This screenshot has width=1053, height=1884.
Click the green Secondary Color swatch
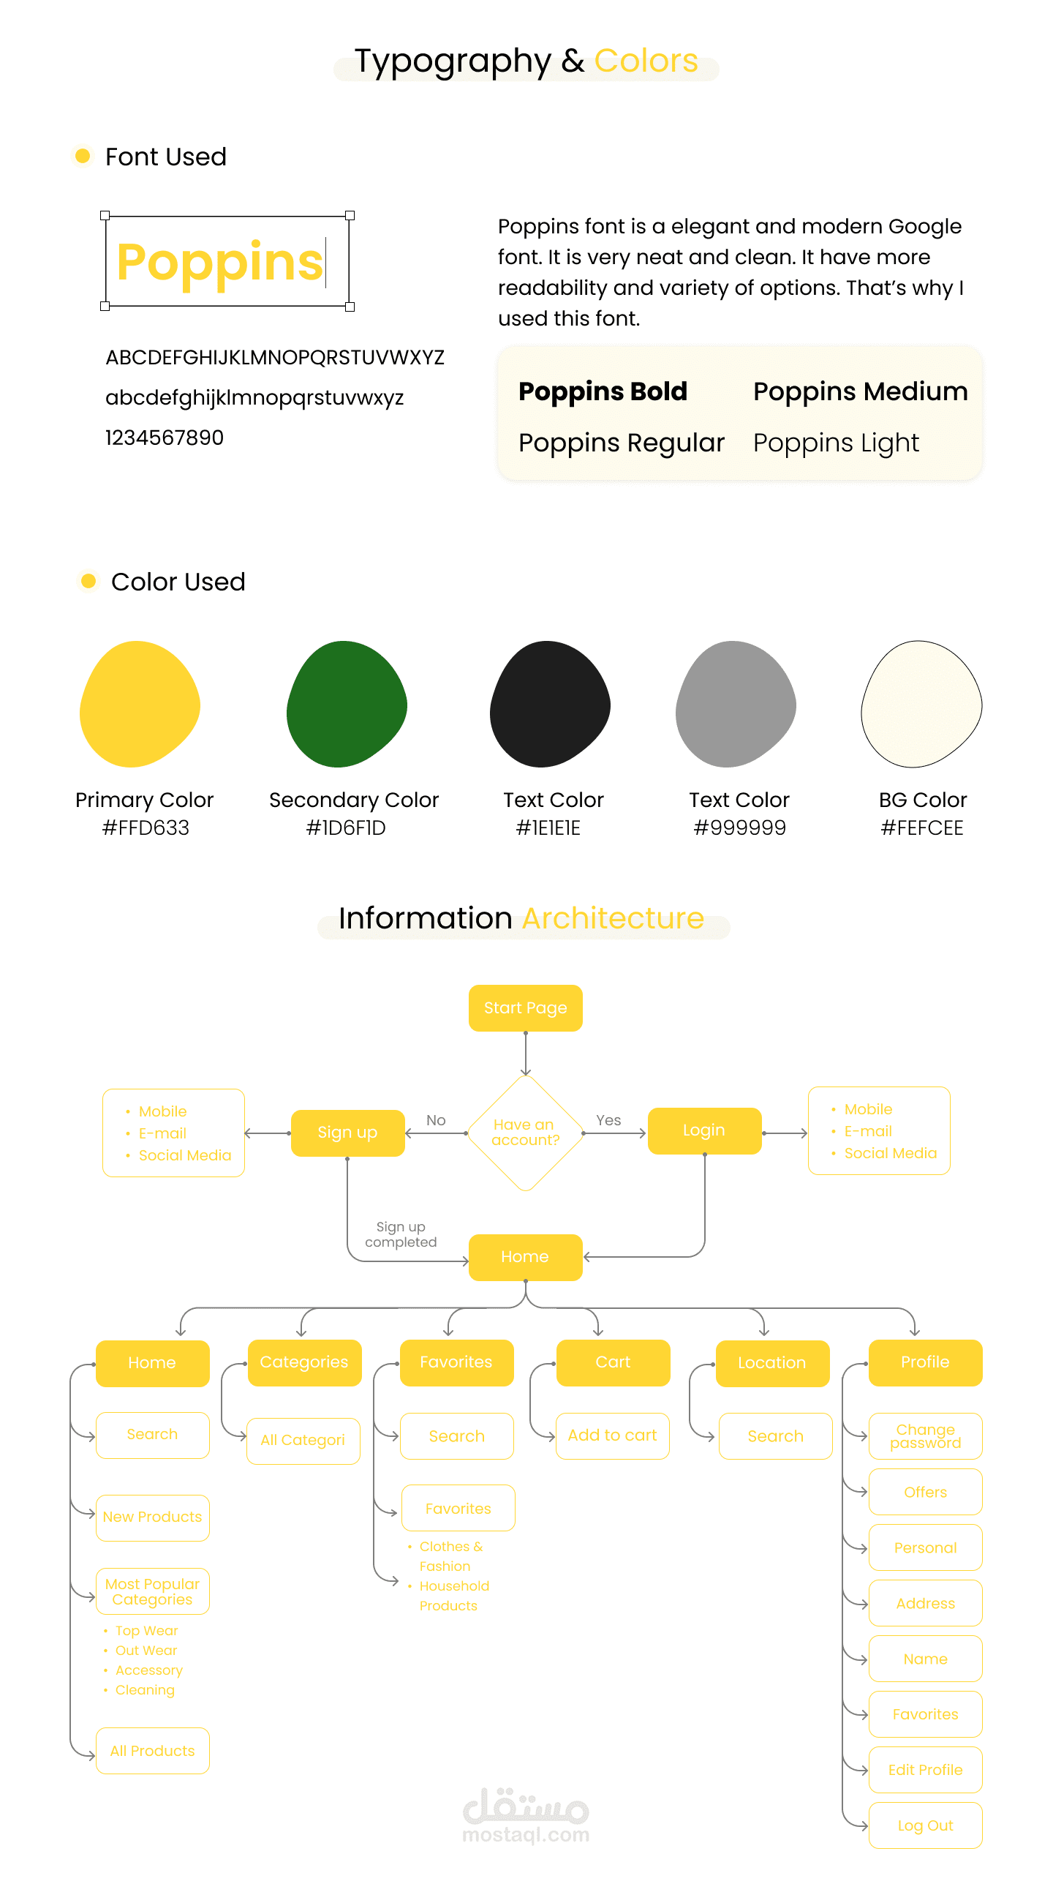(346, 704)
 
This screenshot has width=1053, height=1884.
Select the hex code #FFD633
(146, 827)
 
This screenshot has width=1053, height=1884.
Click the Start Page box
(525, 1008)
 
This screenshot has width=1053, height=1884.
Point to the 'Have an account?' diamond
(525, 1133)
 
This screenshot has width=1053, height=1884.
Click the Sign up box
(347, 1133)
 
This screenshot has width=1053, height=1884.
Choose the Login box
(704, 1130)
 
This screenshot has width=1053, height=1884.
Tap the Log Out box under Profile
(925, 1825)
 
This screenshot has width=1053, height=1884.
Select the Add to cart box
(612, 1435)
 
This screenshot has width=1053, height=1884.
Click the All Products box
(152, 1751)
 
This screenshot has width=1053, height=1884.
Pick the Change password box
(925, 1435)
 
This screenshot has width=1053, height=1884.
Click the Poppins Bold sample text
(603, 391)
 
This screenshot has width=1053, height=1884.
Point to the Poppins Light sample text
(836, 443)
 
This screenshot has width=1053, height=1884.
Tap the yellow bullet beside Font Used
(83, 156)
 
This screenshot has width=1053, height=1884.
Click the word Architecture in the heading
(613, 918)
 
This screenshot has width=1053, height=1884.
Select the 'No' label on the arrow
(436, 1120)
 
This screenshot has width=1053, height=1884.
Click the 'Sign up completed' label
(401, 1234)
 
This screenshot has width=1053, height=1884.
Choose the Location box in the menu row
(772, 1363)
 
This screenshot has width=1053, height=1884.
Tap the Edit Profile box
(925, 1770)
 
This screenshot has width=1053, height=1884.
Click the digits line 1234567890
(165, 438)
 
